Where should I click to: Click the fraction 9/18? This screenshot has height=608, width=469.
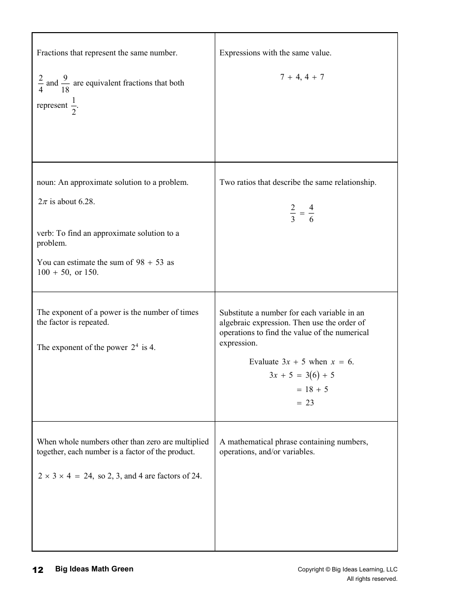pyautogui.click(x=65, y=84)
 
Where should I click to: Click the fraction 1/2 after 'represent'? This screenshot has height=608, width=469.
pyautogui.click(x=74, y=106)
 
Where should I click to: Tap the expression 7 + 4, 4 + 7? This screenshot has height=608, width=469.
pyautogui.click(x=302, y=77)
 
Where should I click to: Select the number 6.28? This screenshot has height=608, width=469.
pyautogui.click(x=86, y=202)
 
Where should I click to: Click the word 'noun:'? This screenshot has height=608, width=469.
pyautogui.click(x=46, y=182)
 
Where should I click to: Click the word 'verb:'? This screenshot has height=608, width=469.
pyautogui.click(x=46, y=233)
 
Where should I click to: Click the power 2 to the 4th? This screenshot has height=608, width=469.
pyautogui.click(x=135, y=347)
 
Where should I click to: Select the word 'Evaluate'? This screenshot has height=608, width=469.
pyautogui.click(x=264, y=362)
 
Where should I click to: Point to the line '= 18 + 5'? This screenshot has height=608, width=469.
pyautogui.click(x=312, y=390)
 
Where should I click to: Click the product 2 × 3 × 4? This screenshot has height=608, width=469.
pyautogui.click(x=55, y=476)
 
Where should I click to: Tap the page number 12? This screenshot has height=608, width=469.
pyautogui.click(x=38, y=570)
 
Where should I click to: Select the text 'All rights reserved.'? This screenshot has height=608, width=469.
pyautogui.click(x=372, y=579)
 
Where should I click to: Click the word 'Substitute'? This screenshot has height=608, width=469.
pyautogui.click(x=236, y=313)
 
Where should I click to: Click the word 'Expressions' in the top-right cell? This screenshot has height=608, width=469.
pyautogui.click(x=239, y=53)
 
